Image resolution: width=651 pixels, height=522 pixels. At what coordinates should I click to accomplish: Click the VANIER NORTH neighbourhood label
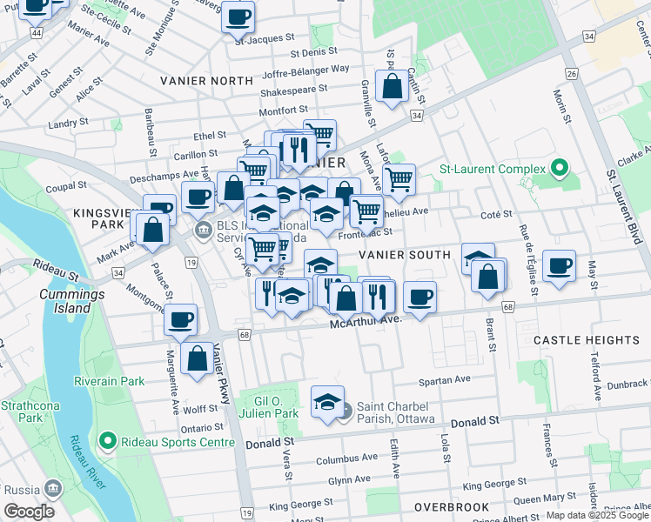tap(206, 81)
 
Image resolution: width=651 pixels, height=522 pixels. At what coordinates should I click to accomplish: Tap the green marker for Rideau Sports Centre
tap(108, 442)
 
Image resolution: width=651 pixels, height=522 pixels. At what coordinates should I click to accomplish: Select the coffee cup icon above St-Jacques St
tap(238, 16)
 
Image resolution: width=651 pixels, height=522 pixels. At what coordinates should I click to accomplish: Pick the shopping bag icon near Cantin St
tap(393, 86)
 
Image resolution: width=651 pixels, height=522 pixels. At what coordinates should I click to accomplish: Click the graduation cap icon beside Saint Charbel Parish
tap(327, 402)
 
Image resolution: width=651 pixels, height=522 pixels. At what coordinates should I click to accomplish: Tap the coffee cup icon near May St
tap(559, 264)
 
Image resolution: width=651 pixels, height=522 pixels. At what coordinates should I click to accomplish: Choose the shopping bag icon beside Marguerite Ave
tap(198, 358)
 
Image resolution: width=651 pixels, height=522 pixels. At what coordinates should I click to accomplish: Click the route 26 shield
tap(572, 74)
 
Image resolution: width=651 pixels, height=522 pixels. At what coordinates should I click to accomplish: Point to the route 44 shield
tap(37, 32)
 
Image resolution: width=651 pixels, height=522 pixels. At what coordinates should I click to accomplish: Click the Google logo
tap(30, 511)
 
